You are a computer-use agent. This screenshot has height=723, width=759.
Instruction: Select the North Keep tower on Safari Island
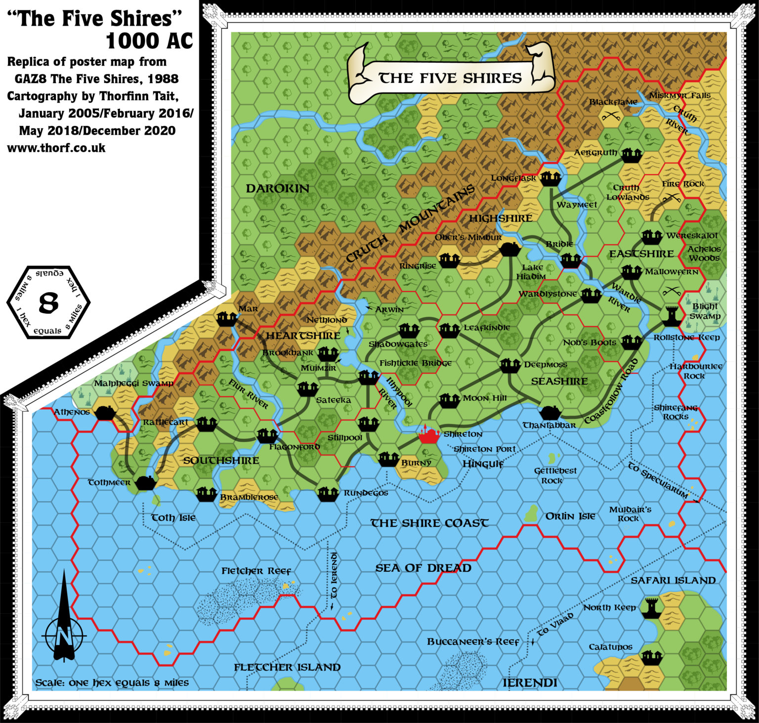(x=651, y=608)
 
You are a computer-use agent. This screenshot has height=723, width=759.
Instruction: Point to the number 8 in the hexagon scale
(x=48, y=302)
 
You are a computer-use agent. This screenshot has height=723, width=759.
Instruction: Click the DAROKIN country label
(x=277, y=188)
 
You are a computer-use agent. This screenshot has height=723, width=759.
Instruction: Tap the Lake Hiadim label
(x=531, y=272)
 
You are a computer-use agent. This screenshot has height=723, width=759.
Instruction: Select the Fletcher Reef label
(x=256, y=571)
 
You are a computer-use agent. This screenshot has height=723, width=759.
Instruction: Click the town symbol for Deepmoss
(x=510, y=365)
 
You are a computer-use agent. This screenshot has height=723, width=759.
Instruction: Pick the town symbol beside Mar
(x=227, y=318)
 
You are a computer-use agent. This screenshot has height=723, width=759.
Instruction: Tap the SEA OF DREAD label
(x=423, y=568)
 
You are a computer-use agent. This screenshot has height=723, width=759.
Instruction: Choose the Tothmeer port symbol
(x=146, y=482)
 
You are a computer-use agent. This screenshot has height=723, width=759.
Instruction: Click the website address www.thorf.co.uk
(x=56, y=148)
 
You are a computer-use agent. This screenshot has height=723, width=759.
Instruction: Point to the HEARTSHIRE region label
(x=303, y=336)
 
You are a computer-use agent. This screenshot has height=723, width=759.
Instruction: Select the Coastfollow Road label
(x=611, y=391)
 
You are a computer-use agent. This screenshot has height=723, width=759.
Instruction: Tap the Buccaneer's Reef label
(x=473, y=641)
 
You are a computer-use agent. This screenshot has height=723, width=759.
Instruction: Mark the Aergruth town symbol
(x=631, y=155)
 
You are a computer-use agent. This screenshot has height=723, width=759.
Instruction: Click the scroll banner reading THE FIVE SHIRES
(x=450, y=78)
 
